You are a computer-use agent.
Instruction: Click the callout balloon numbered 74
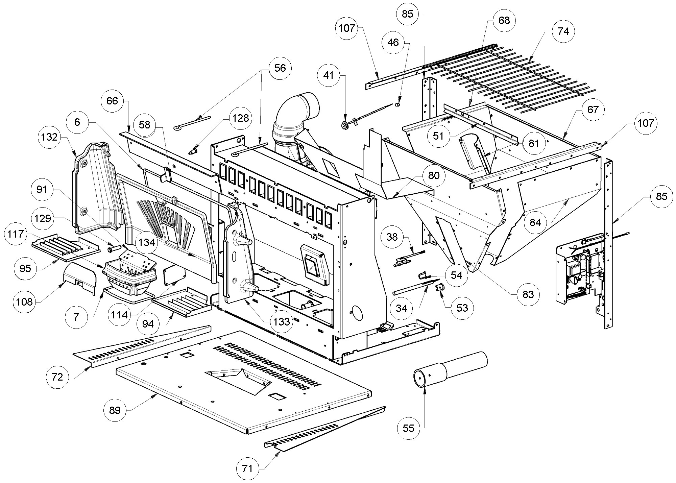click(563, 31)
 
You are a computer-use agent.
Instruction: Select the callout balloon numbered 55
click(409, 428)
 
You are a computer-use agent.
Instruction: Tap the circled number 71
click(247, 468)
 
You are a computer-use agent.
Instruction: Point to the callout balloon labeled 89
click(115, 410)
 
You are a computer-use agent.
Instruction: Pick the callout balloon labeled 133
click(282, 321)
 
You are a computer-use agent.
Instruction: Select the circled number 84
click(535, 222)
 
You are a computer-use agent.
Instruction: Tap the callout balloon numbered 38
click(392, 237)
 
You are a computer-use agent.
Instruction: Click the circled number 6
click(77, 122)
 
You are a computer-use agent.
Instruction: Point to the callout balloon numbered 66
click(112, 101)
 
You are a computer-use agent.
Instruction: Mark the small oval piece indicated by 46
click(398, 104)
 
